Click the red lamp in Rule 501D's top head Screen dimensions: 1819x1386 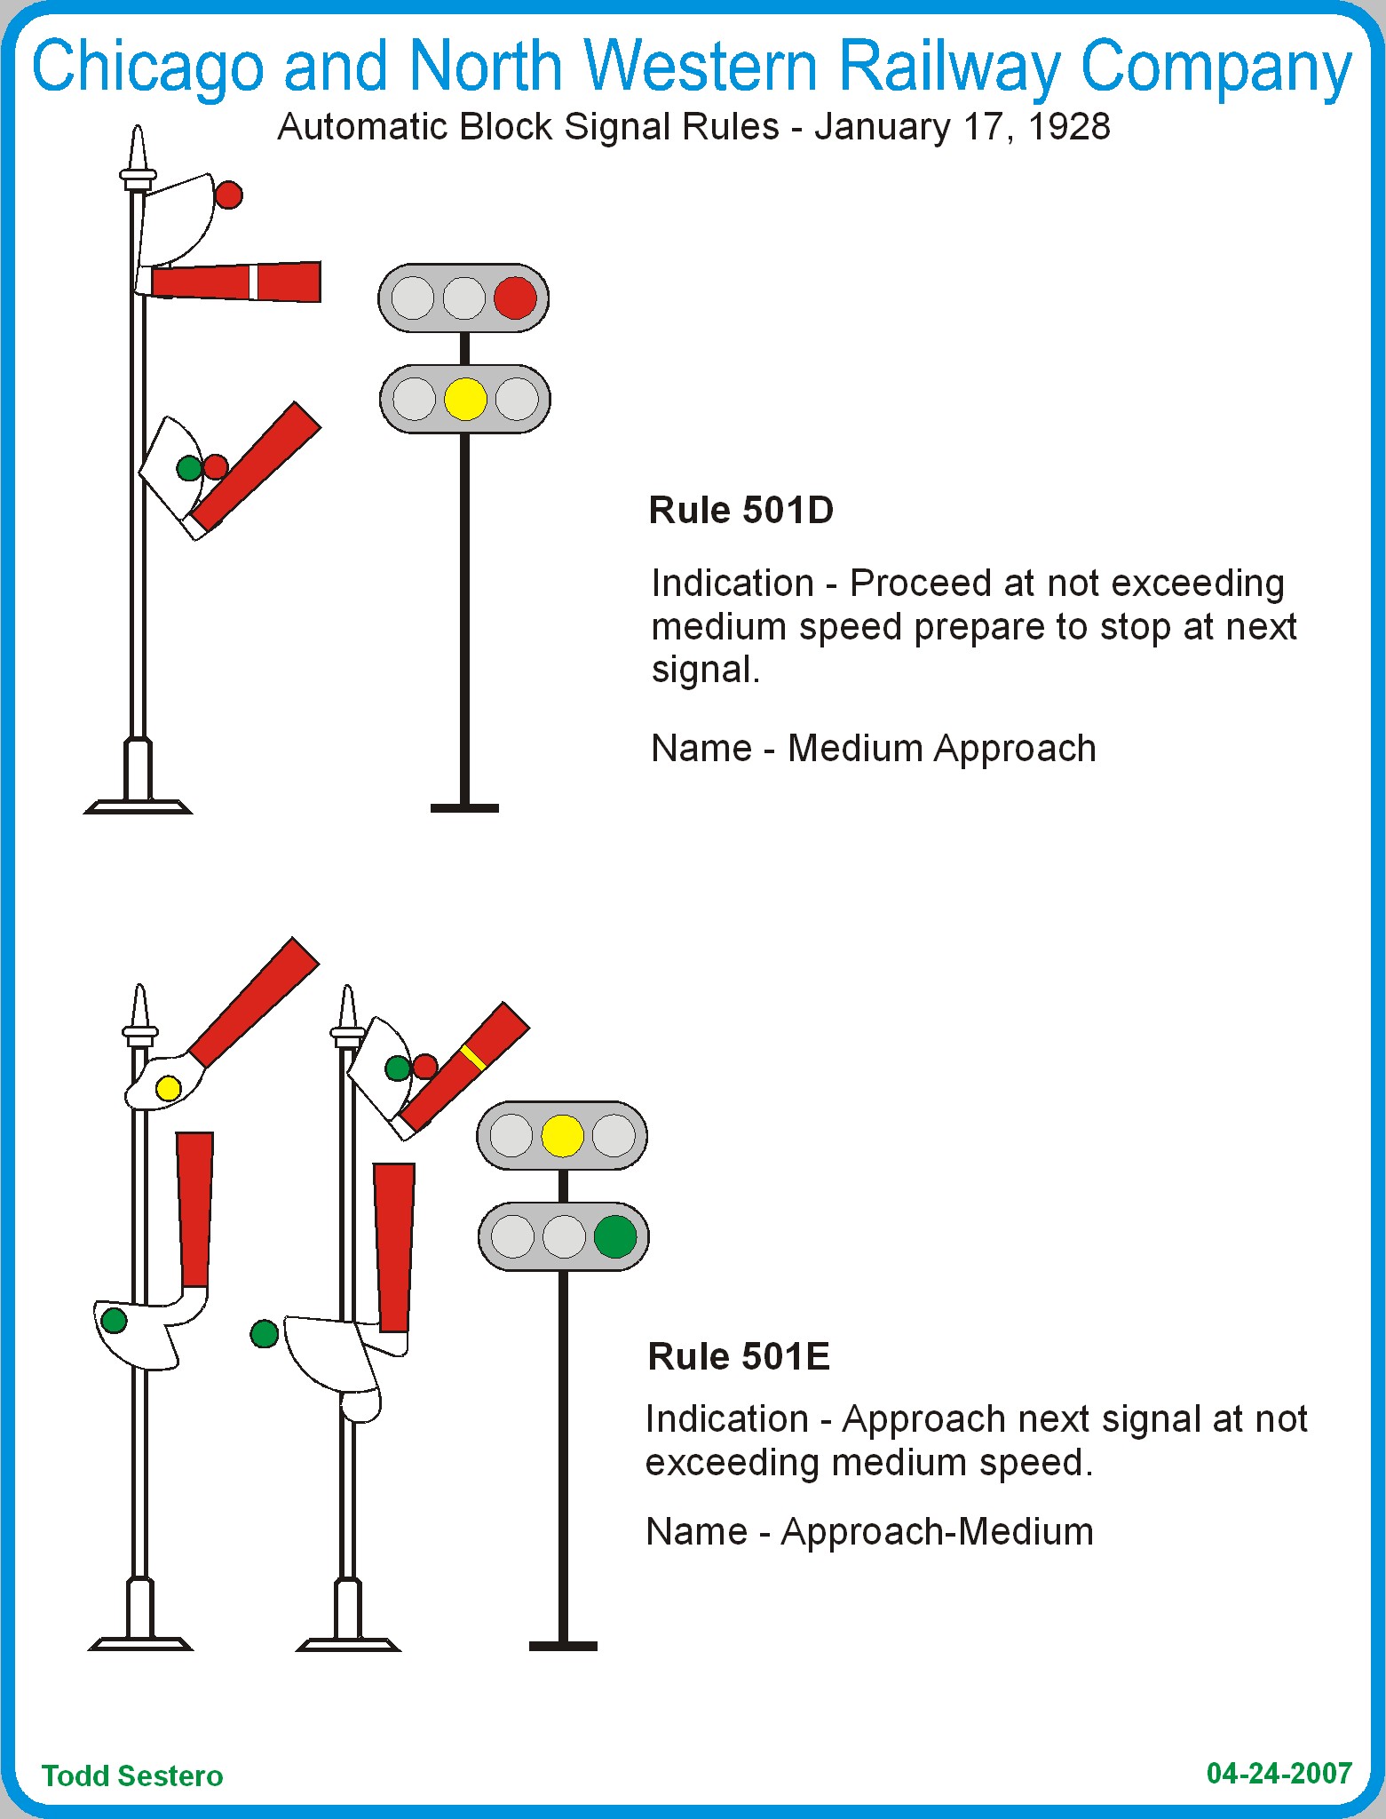pos(515,298)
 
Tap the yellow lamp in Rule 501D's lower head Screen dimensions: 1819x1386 pos(465,399)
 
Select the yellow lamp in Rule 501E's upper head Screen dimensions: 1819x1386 pos(562,1135)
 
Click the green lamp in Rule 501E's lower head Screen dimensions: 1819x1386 pos(614,1236)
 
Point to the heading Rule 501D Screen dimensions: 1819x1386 pos(741,511)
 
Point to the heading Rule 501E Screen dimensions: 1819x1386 pos(739,1356)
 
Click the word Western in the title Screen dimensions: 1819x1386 pos(701,67)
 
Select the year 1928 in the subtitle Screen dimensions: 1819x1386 pos(1069,127)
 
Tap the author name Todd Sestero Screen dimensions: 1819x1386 pos(132,1775)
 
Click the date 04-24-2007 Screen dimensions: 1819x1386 pos(1279,1773)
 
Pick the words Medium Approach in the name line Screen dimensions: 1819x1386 pos(941,749)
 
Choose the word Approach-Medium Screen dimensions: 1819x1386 pos(937,1532)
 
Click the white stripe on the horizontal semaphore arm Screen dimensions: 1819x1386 pos(253,282)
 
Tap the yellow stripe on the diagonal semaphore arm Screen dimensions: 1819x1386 pos(472,1057)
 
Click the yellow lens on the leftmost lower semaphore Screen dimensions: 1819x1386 pos(168,1088)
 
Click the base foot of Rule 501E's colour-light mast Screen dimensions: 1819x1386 pos(563,1646)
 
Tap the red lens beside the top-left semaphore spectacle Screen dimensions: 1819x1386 pos(229,195)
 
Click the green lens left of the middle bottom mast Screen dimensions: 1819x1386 pos(265,1333)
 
